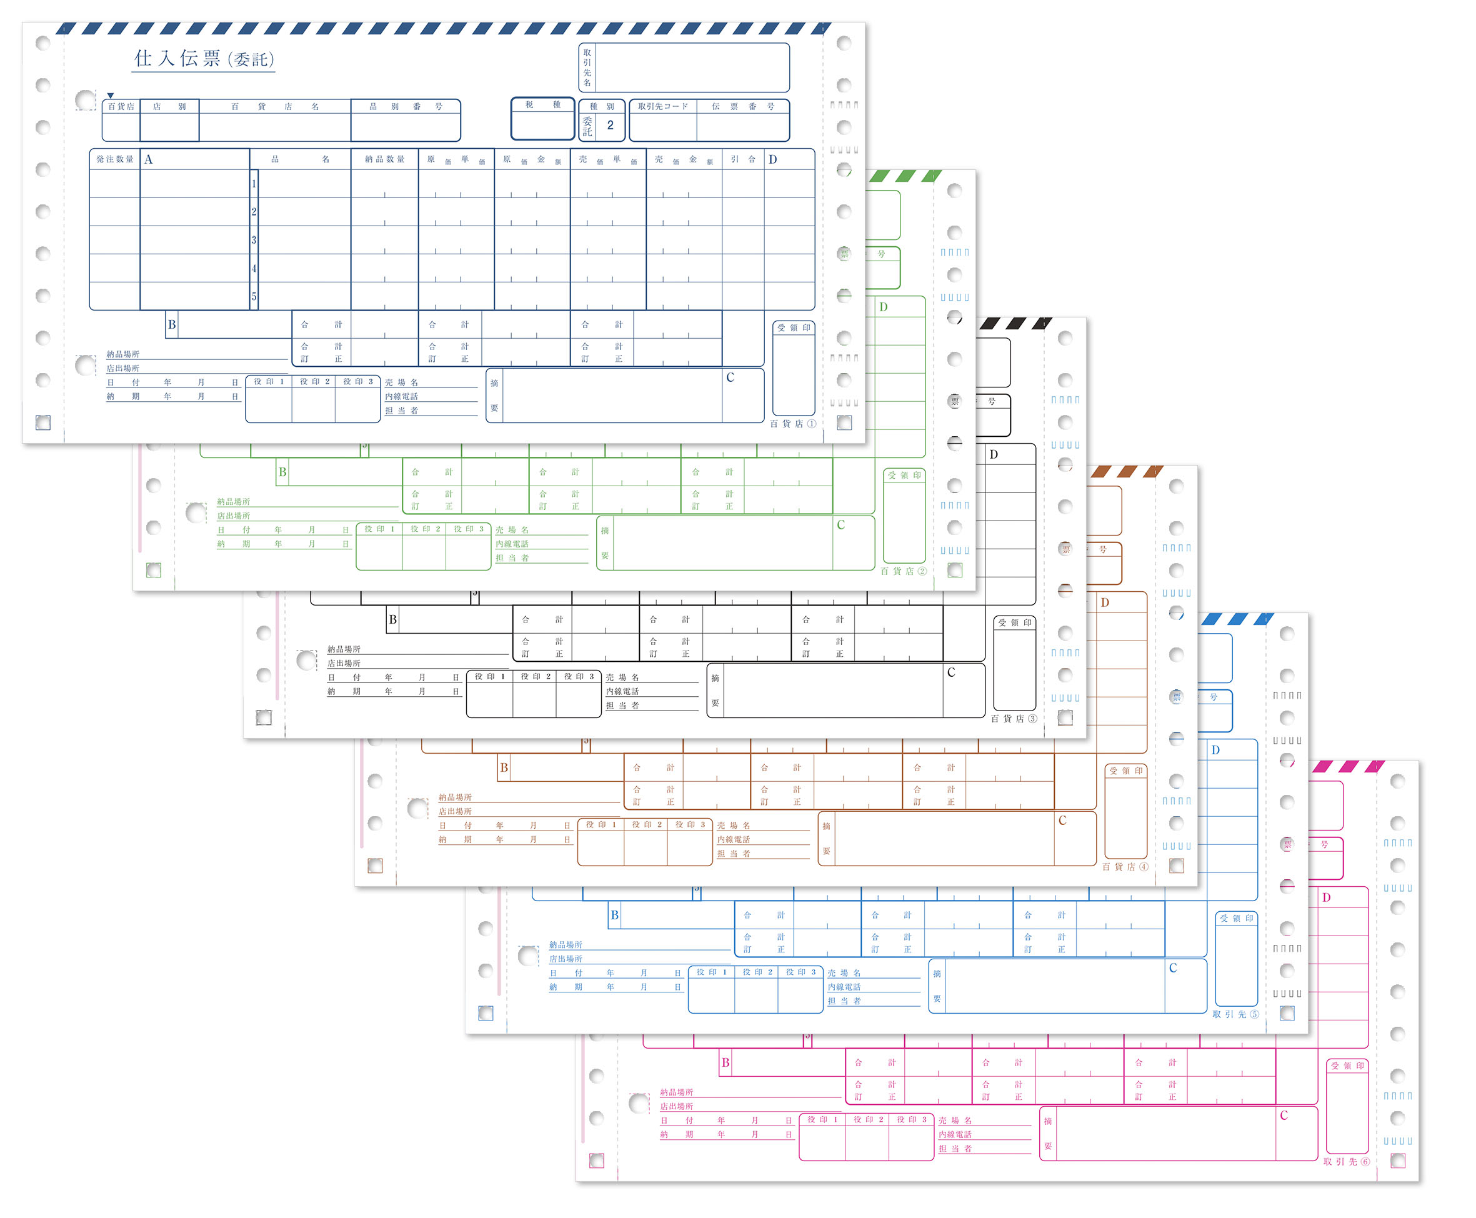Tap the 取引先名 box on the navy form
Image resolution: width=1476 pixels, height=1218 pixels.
691,67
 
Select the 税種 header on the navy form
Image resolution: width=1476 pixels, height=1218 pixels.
542,105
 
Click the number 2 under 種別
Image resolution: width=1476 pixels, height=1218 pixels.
610,126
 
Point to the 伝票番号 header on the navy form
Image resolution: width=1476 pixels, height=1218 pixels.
742,107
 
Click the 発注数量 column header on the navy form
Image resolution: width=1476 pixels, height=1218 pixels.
114,159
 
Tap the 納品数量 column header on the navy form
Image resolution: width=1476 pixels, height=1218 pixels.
384,159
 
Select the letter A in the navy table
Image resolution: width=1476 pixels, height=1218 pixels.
148,160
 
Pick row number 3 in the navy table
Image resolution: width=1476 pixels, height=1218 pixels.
254,240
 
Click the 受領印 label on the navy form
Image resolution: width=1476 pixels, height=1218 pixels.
794,327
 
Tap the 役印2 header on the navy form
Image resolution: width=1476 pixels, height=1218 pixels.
314,382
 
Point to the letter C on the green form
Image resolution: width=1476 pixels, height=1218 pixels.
840,525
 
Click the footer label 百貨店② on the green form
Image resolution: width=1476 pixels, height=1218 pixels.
903,571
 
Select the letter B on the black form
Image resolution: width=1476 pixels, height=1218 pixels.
393,619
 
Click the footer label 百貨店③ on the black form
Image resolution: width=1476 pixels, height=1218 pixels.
1013,719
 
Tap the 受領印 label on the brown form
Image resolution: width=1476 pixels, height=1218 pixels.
1125,771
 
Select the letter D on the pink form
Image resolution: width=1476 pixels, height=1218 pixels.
1326,897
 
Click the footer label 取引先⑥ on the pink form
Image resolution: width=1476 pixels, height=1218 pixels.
1345,1162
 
